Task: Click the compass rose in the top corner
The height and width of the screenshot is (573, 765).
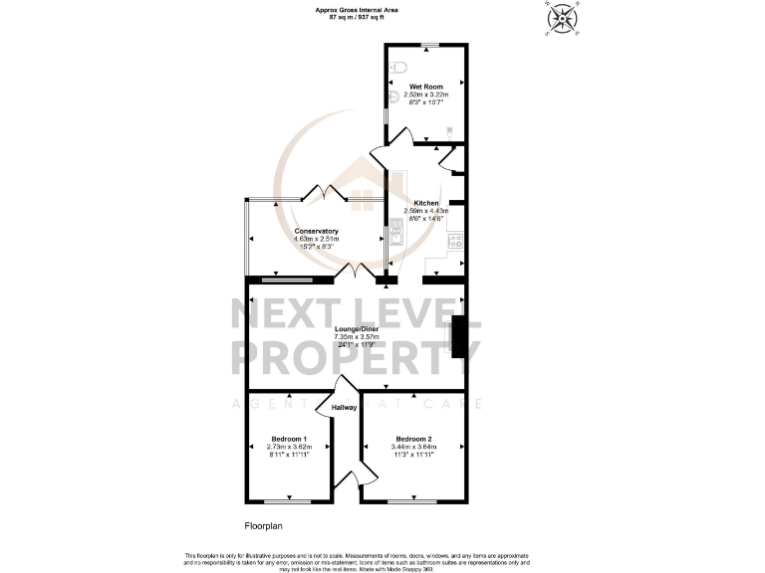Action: click(563, 18)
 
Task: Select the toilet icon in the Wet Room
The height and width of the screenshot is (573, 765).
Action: click(398, 67)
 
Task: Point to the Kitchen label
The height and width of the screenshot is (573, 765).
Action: click(426, 203)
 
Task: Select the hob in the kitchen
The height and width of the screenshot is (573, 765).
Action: click(455, 239)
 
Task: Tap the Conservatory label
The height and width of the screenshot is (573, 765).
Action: click(316, 231)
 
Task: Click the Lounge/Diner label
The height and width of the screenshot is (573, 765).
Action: click(356, 329)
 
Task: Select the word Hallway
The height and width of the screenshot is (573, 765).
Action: click(343, 407)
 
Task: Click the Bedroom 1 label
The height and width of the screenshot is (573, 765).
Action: click(289, 439)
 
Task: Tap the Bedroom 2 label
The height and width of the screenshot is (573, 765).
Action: click(413, 439)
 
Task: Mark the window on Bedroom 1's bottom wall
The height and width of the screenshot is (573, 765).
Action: click(289, 499)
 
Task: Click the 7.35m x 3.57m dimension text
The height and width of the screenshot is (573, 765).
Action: click(356, 337)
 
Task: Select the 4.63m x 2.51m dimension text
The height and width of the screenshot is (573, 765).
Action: click(316, 239)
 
